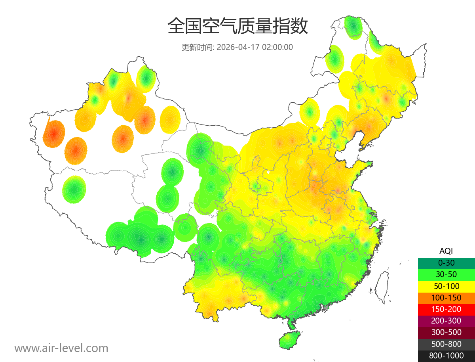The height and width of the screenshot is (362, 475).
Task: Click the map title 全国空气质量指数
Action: (237, 27)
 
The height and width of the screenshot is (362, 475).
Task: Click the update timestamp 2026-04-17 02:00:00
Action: (255, 47)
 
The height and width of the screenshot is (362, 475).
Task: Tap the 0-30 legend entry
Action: (446, 263)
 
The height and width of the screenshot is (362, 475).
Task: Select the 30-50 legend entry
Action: (446, 274)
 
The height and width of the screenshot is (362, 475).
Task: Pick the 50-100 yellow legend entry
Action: (446, 286)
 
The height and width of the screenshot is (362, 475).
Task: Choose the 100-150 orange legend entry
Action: (446, 297)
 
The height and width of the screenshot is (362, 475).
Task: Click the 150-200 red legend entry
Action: (446, 309)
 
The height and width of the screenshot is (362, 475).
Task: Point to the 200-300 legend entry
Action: (446, 321)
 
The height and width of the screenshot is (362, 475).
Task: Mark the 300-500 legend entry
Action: (446, 332)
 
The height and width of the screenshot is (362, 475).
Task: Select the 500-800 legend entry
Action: (446, 344)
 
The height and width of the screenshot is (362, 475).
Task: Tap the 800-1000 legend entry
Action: (446, 356)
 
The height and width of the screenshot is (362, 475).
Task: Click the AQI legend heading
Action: (446, 251)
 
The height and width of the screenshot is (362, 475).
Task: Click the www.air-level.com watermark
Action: (61, 348)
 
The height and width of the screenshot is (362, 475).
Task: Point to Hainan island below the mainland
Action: (290, 340)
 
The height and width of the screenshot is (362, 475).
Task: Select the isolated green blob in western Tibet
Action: (74, 189)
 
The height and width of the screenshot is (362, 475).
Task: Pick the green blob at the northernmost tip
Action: (353, 26)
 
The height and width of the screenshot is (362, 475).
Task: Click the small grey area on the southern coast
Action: (326, 307)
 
